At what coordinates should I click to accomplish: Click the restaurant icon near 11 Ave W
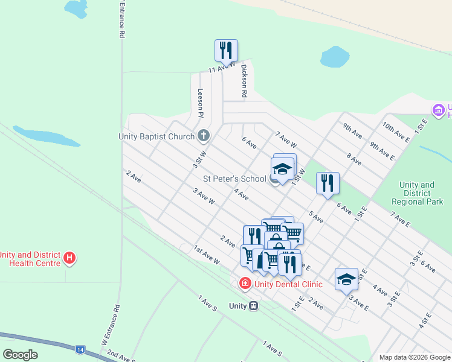click(x=226, y=51)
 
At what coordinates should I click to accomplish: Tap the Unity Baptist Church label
click(x=156, y=136)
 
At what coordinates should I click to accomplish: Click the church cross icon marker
click(x=204, y=136)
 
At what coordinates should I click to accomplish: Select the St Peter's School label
click(x=234, y=179)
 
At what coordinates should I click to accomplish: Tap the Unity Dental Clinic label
click(x=288, y=284)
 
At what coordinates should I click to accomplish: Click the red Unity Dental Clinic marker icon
click(x=245, y=283)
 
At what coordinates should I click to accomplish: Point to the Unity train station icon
click(x=253, y=306)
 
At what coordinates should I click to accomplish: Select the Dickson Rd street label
click(x=245, y=81)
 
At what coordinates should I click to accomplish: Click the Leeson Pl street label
click(x=201, y=103)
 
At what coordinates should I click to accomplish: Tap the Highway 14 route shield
click(x=80, y=349)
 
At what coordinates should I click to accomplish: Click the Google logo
click(x=20, y=354)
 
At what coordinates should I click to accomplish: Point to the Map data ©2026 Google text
click(x=414, y=357)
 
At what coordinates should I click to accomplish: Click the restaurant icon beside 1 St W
click(x=328, y=183)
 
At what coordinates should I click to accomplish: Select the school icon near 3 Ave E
click(x=346, y=279)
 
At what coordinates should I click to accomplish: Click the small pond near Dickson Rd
click(x=335, y=57)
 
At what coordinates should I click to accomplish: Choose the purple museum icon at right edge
click(x=438, y=110)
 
